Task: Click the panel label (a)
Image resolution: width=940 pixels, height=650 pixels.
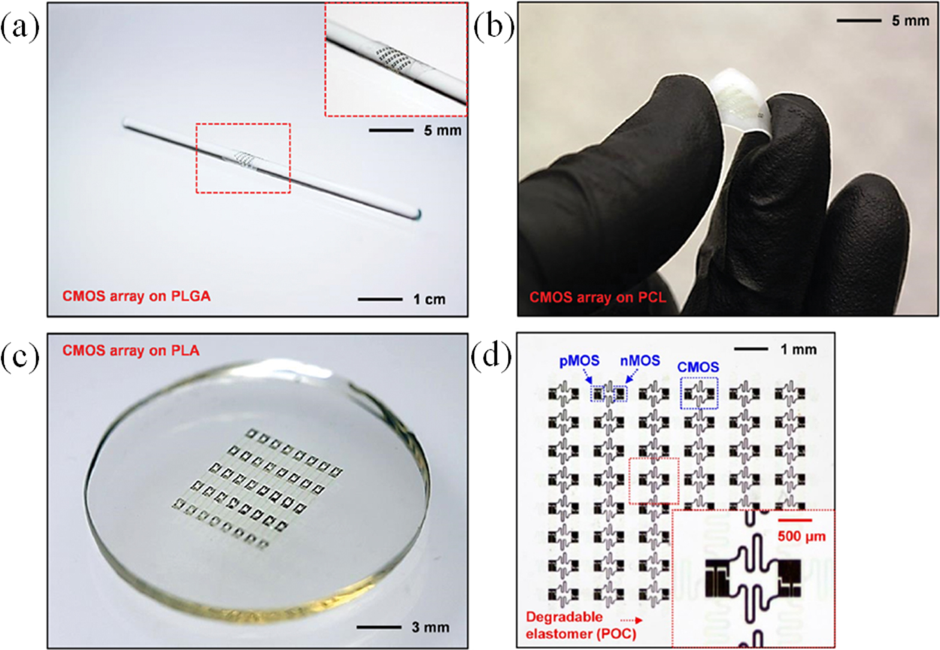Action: click(x=20, y=28)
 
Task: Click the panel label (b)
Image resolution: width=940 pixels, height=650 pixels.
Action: click(x=493, y=28)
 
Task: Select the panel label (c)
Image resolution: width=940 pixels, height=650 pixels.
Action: click(x=20, y=357)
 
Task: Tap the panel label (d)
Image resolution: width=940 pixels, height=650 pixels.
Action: click(x=492, y=357)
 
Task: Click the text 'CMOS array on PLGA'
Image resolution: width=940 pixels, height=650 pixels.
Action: click(x=137, y=296)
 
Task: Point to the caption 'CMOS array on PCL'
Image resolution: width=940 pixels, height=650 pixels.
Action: click(x=597, y=297)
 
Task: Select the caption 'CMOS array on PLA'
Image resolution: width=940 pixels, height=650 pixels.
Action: click(x=131, y=350)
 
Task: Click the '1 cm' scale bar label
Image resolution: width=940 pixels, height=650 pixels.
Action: click(x=429, y=299)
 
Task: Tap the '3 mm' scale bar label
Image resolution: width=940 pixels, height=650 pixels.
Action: click(x=430, y=627)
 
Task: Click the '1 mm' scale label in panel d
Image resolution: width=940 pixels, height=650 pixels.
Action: click(x=799, y=349)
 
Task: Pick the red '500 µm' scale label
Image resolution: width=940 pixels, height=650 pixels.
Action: click(x=802, y=536)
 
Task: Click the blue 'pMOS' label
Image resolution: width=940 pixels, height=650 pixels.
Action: click(x=579, y=361)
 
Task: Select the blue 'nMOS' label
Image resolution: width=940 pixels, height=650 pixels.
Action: click(x=640, y=361)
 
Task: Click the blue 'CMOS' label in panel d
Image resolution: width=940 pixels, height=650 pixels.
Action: click(x=698, y=367)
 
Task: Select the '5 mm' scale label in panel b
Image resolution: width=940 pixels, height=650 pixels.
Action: click(x=910, y=21)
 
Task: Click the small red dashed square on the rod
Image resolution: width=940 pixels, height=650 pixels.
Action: click(x=243, y=158)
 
